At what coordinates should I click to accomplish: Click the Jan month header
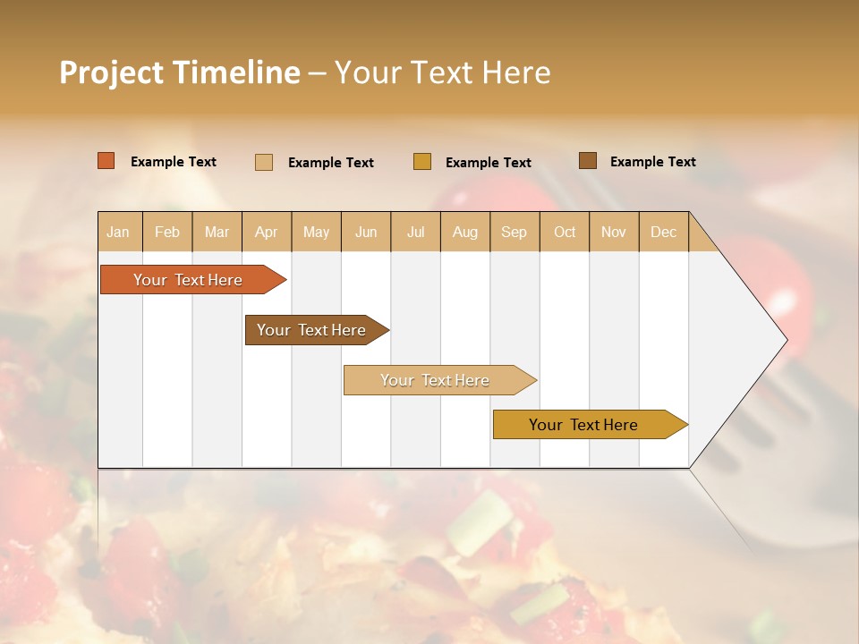pos(118,233)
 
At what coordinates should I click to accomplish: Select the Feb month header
pos(167,233)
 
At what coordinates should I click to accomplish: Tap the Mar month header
pos(217,233)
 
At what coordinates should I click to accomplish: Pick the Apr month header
pos(267,233)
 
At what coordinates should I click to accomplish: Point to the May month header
pos(316,233)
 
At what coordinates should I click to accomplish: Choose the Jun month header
pos(366,233)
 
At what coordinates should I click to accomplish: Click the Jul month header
pos(415,233)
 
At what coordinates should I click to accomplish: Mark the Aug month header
pos(465,233)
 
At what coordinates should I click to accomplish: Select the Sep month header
pos(515,233)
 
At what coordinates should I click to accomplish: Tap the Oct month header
pos(565,233)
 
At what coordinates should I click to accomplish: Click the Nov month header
pos(614,233)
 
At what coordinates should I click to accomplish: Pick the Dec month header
pos(664,233)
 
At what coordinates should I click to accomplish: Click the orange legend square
pos(106,161)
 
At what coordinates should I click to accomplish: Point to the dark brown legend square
pos(588,161)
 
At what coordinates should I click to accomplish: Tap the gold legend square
pos(422,162)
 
